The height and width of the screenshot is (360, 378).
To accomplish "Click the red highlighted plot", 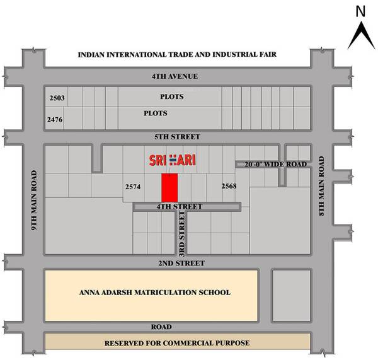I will pyautogui.click(x=169, y=188).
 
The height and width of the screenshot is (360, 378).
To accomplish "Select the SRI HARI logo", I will pyautogui.click(x=172, y=160).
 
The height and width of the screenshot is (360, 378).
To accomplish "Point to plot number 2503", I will pyautogui.click(x=57, y=98).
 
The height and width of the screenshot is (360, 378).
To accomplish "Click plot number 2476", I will pyautogui.click(x=55, y=119).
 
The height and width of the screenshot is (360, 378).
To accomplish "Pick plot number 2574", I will pyautogui.click(x=133, y=187).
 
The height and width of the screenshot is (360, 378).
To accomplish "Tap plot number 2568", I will pyautogui.click(x=229, y=187).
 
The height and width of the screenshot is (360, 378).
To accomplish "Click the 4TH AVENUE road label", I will pyautogui.click(x=175, y=76).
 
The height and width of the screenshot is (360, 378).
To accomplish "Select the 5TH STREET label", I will pyautogui.click(x=176, y=137).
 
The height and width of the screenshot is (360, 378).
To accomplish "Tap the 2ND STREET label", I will pyautogui.click(x=177, y=262).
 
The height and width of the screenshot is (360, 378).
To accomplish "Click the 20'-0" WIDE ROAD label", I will pyautogui.click(x=273, y=165).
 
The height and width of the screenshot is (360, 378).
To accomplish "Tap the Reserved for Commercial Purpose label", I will pyautogui.click(x=177, y=342).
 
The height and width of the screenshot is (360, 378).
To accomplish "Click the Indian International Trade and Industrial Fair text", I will pyautogui.click(x=177, y=55).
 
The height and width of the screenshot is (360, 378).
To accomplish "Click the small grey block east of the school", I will pyautogui.click(x=291, y=294).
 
